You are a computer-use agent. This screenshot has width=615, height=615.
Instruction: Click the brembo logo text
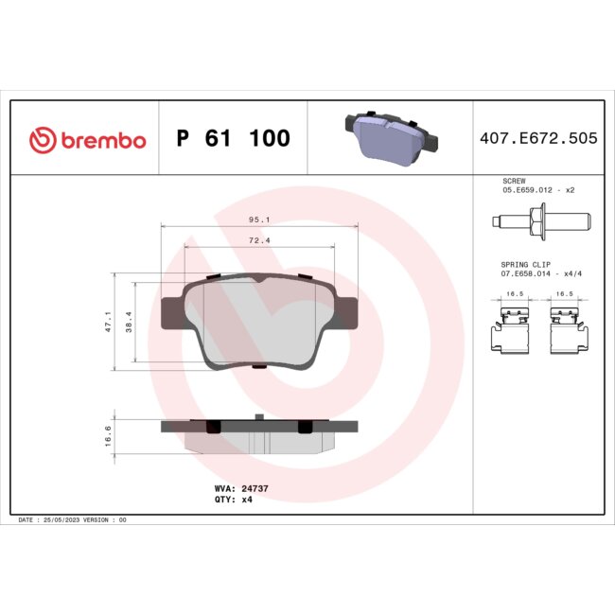(x=103, y=140)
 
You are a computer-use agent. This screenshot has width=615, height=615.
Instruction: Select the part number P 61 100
(x=233, y=139)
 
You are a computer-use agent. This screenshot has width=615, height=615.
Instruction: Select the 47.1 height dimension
(x=109, y=322)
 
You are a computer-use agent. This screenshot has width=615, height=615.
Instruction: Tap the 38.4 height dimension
(x=131, y=322)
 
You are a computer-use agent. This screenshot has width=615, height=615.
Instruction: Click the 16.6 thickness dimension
(x=109, y=434)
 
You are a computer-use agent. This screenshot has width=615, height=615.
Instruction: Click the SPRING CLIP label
(x=523, y=264)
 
